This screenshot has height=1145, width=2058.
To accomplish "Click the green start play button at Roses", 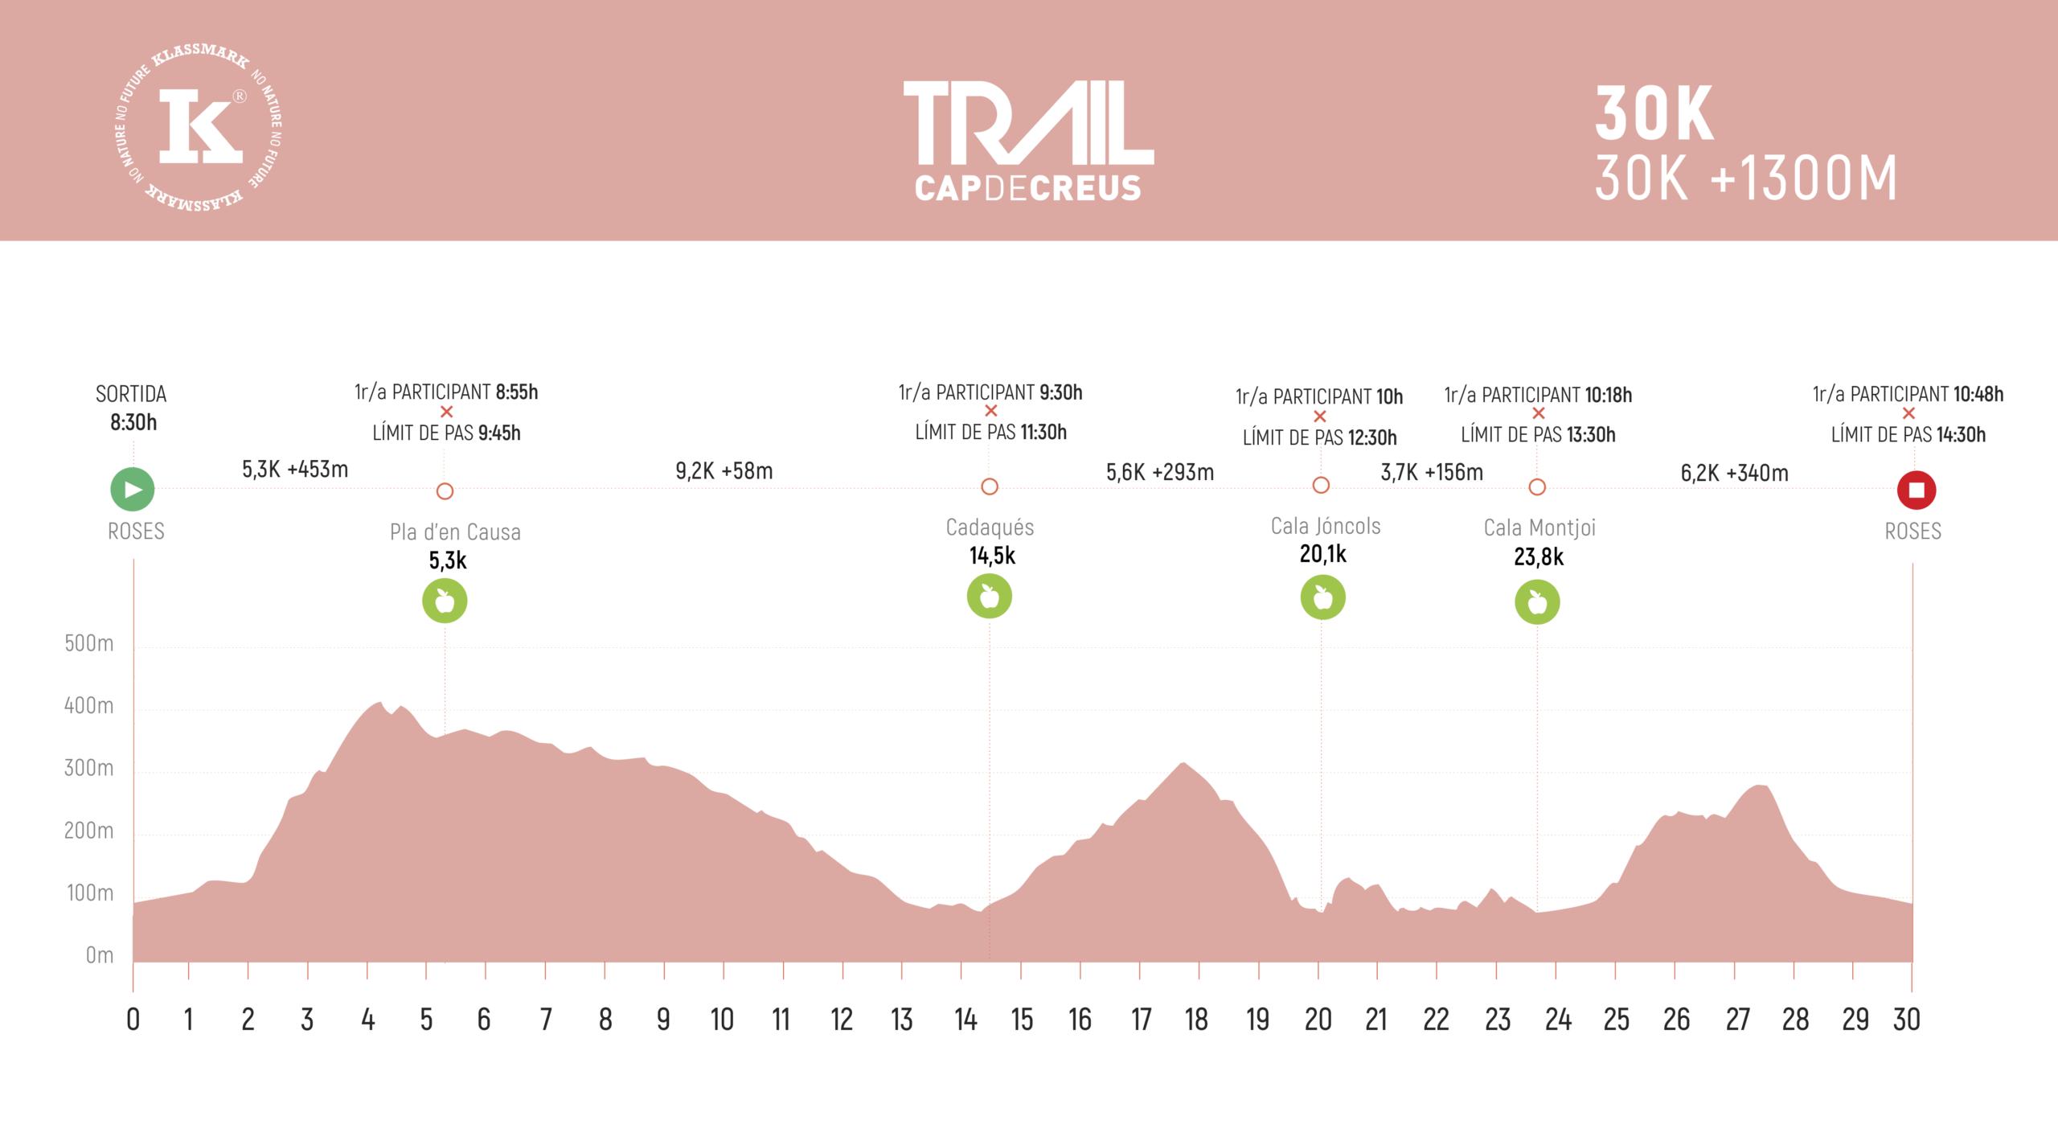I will click(133, 489).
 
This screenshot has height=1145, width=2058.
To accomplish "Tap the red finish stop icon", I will click(1916, 490).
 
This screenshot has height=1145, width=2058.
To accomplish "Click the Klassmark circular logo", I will click(198, 128).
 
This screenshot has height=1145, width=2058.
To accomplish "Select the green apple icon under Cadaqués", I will click(989, 597).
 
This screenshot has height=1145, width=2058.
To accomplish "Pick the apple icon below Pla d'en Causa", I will click(445, 601).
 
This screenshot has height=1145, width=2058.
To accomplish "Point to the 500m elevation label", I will click(88, 643).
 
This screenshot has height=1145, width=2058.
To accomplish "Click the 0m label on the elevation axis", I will click(99, 955).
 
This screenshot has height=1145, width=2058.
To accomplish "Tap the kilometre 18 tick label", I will click(1196, 1020).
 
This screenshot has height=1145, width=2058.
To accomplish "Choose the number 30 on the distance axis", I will click(1906, 1020).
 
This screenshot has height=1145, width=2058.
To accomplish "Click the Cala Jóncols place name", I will click(1326, 526).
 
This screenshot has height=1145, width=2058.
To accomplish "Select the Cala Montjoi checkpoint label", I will click(1539, 527).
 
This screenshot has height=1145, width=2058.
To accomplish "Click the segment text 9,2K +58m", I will click(724, 471).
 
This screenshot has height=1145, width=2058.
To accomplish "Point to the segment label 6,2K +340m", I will click(1734, 473).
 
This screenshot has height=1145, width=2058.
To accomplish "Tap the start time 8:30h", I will click(133, 422).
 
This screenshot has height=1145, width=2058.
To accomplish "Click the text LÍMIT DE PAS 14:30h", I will click(1908, 434).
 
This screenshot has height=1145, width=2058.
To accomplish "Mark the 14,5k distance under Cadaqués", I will click(992, 556).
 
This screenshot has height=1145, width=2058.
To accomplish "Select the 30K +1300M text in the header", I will click(1745, 179).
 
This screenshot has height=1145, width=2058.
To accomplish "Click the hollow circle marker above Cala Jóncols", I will click(1321, 485).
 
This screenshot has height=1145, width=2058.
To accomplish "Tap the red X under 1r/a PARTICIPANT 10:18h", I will click(1539, 413).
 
